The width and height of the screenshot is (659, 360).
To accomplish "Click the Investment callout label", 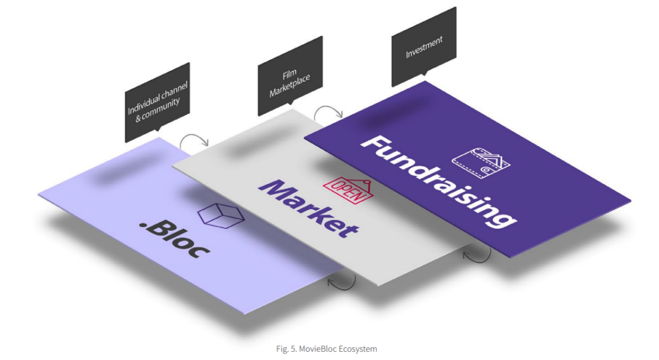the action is pos(424,47).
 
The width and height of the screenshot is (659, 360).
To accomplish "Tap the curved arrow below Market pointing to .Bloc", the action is pos(342,281).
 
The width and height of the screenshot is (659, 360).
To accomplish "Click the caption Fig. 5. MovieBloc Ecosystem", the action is pos(326,348).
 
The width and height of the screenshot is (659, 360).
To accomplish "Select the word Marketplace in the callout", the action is pos(290,85).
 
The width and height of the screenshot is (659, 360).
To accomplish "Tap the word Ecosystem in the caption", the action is pos(361,348).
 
